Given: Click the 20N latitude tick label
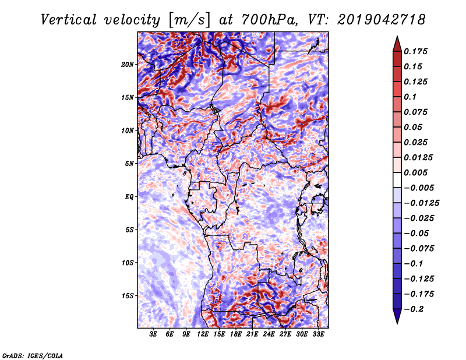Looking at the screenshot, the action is [x=128, y=64].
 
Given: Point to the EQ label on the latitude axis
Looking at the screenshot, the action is [x=129, y=197].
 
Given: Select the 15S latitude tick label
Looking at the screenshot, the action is [x=128, y=296].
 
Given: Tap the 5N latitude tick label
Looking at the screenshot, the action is [x=129, y=164].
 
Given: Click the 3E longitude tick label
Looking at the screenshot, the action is [x=153, y=334].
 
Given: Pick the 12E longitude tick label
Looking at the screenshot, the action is [x=203, y=334].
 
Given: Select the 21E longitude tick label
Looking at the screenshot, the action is [x=252, y=334].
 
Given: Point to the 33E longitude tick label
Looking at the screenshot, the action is [x=318, y=334].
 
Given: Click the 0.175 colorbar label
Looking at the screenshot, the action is [x=415, y=51].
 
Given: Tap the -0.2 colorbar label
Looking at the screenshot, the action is [x=414, y=309].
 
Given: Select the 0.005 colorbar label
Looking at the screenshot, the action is [x=415, y=172].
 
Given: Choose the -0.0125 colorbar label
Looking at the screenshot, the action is [x=421, y=203].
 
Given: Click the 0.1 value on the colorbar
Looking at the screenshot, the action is [x=410, y=97].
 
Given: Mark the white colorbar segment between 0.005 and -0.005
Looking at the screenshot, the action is [x=397, y=180].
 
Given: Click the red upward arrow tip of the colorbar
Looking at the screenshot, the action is [x=397, y=37].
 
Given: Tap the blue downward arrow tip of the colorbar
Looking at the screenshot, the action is [x=397, y=323].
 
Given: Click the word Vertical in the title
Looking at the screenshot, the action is [x=69, y=20].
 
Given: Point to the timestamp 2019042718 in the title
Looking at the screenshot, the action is [x=382, y=20].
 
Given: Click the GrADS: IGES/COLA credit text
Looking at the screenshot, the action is [x=33, y=355].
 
